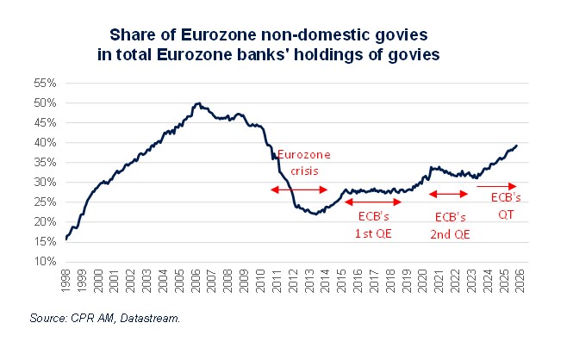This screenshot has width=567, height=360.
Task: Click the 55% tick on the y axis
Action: coord(46,83)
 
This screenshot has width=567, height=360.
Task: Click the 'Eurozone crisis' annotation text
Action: coord(299,163)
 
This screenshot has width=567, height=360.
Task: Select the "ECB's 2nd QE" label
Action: coord(452,223)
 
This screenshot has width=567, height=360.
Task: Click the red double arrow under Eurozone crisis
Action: coord(299,189)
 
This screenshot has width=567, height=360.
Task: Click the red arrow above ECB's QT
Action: coord(496,185)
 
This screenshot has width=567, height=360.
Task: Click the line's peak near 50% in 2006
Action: coord(198,103)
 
